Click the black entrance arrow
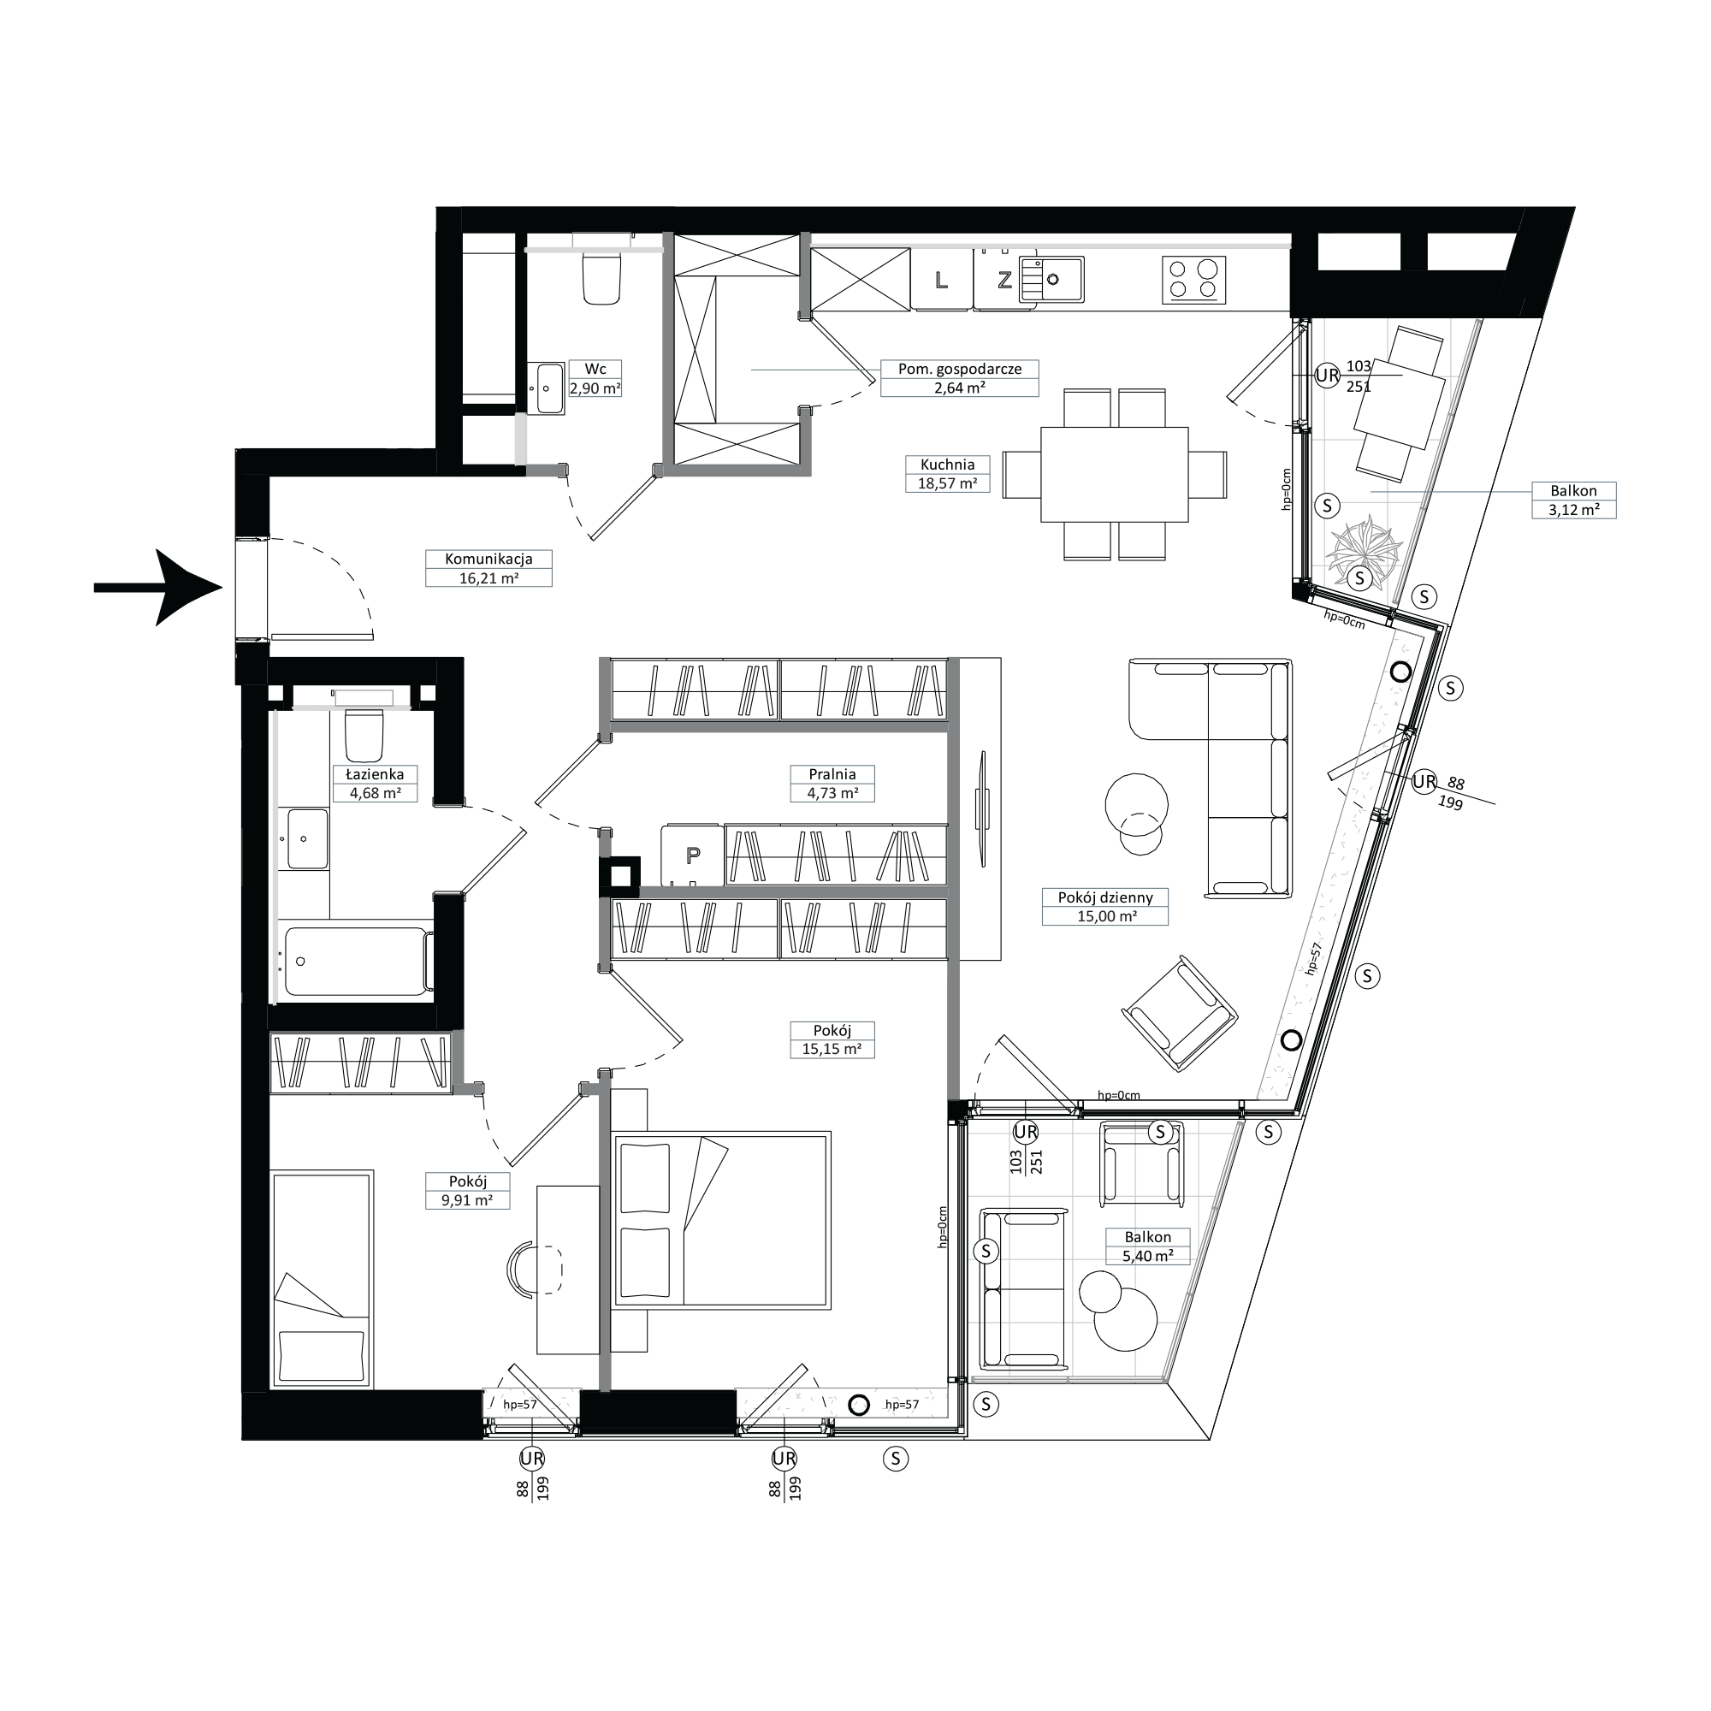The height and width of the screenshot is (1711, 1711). click(157, 587)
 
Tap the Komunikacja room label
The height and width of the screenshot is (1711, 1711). click(488, 559)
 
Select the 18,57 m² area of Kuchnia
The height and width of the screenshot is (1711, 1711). click(948, 483)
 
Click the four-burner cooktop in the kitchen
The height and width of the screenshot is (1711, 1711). click(1193, 280)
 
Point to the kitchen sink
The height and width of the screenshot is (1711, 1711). click(1051, 280)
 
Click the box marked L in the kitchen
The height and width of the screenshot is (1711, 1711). click(941, 280)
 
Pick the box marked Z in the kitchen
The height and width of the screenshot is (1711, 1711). click(1004, 280)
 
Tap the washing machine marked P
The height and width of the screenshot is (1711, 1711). click(693, 855)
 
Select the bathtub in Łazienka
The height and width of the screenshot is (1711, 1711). click(357, 962)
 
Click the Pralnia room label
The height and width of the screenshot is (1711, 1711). click(832, 774)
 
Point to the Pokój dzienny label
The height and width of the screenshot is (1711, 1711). click(1105, 897)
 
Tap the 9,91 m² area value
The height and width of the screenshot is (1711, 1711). click(468, 1201)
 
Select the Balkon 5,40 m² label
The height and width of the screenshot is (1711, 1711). click(1148, 1246)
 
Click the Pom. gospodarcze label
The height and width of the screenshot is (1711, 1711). click(960, 369)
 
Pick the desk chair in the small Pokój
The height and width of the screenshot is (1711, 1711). click(535, 1269)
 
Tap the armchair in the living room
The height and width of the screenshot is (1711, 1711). click(1180, 1014)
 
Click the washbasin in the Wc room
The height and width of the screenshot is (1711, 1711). click(549, 388)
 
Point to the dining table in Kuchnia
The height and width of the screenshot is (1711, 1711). click(1114, 475)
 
